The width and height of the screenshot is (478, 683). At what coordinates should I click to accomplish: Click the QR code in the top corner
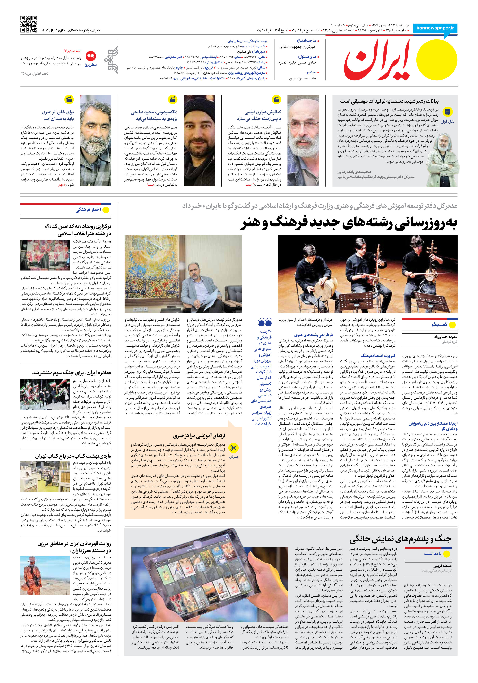click(29, 24)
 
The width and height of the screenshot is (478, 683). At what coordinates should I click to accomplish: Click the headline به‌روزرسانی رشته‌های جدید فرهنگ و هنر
click(349, 224)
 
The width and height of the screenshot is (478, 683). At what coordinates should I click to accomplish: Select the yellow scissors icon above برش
click(233, 448)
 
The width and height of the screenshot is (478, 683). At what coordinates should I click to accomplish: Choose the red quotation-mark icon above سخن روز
click(91, 56)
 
